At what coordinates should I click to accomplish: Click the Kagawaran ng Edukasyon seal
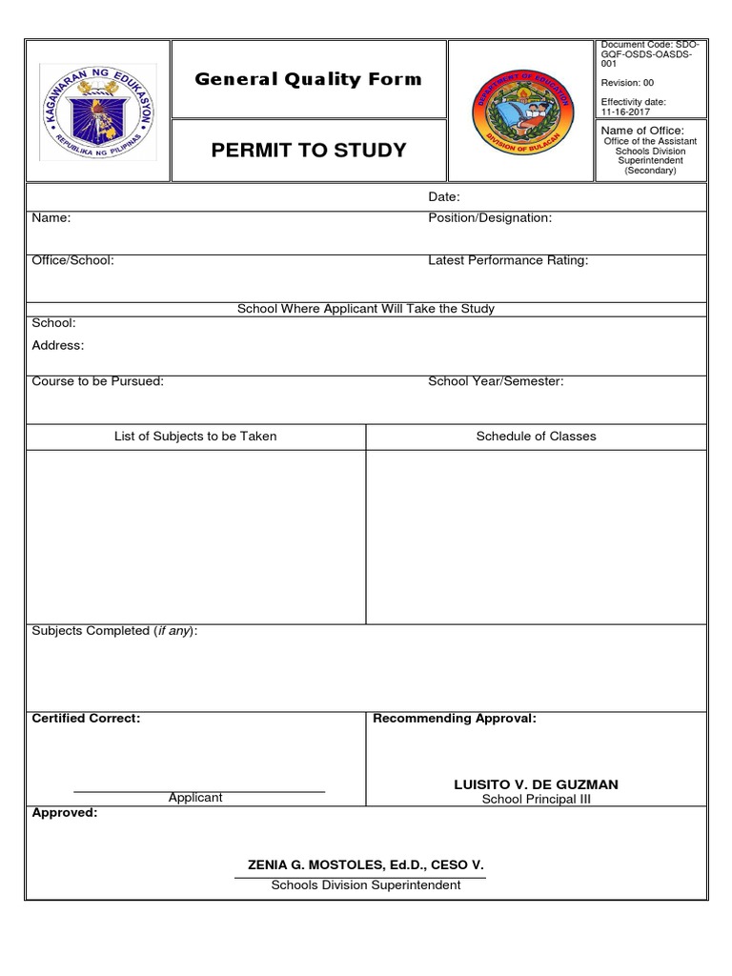point(98,111)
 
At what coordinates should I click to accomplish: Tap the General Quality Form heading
point(308,79)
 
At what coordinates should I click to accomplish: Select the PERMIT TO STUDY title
point(307,150)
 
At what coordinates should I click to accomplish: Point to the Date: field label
point(444,197)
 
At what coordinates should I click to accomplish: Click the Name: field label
point(51,218)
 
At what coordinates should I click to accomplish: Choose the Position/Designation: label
point(490,218)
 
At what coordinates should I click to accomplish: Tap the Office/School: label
point(73,260)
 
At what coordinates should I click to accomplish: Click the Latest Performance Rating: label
point(508,260)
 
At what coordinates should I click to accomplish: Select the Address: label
point(58,345)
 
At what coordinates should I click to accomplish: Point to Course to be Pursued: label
point(98,381)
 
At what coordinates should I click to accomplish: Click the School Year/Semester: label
point(496,381)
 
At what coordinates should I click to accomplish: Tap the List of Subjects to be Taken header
point(195,437)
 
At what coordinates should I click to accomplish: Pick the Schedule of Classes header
point(537,437)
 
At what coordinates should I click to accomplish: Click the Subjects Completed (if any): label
point(115,631)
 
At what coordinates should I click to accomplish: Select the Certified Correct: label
point(86,718)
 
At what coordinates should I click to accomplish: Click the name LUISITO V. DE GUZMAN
point(536,784)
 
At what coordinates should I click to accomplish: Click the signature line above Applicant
point(199,791)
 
